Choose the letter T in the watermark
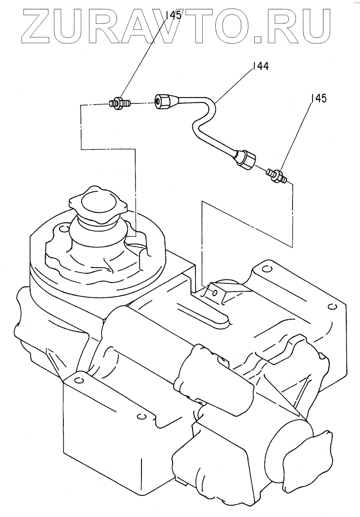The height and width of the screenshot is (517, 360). (x=194, y=26)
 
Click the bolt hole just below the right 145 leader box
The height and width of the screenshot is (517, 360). (x=266, y=268)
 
